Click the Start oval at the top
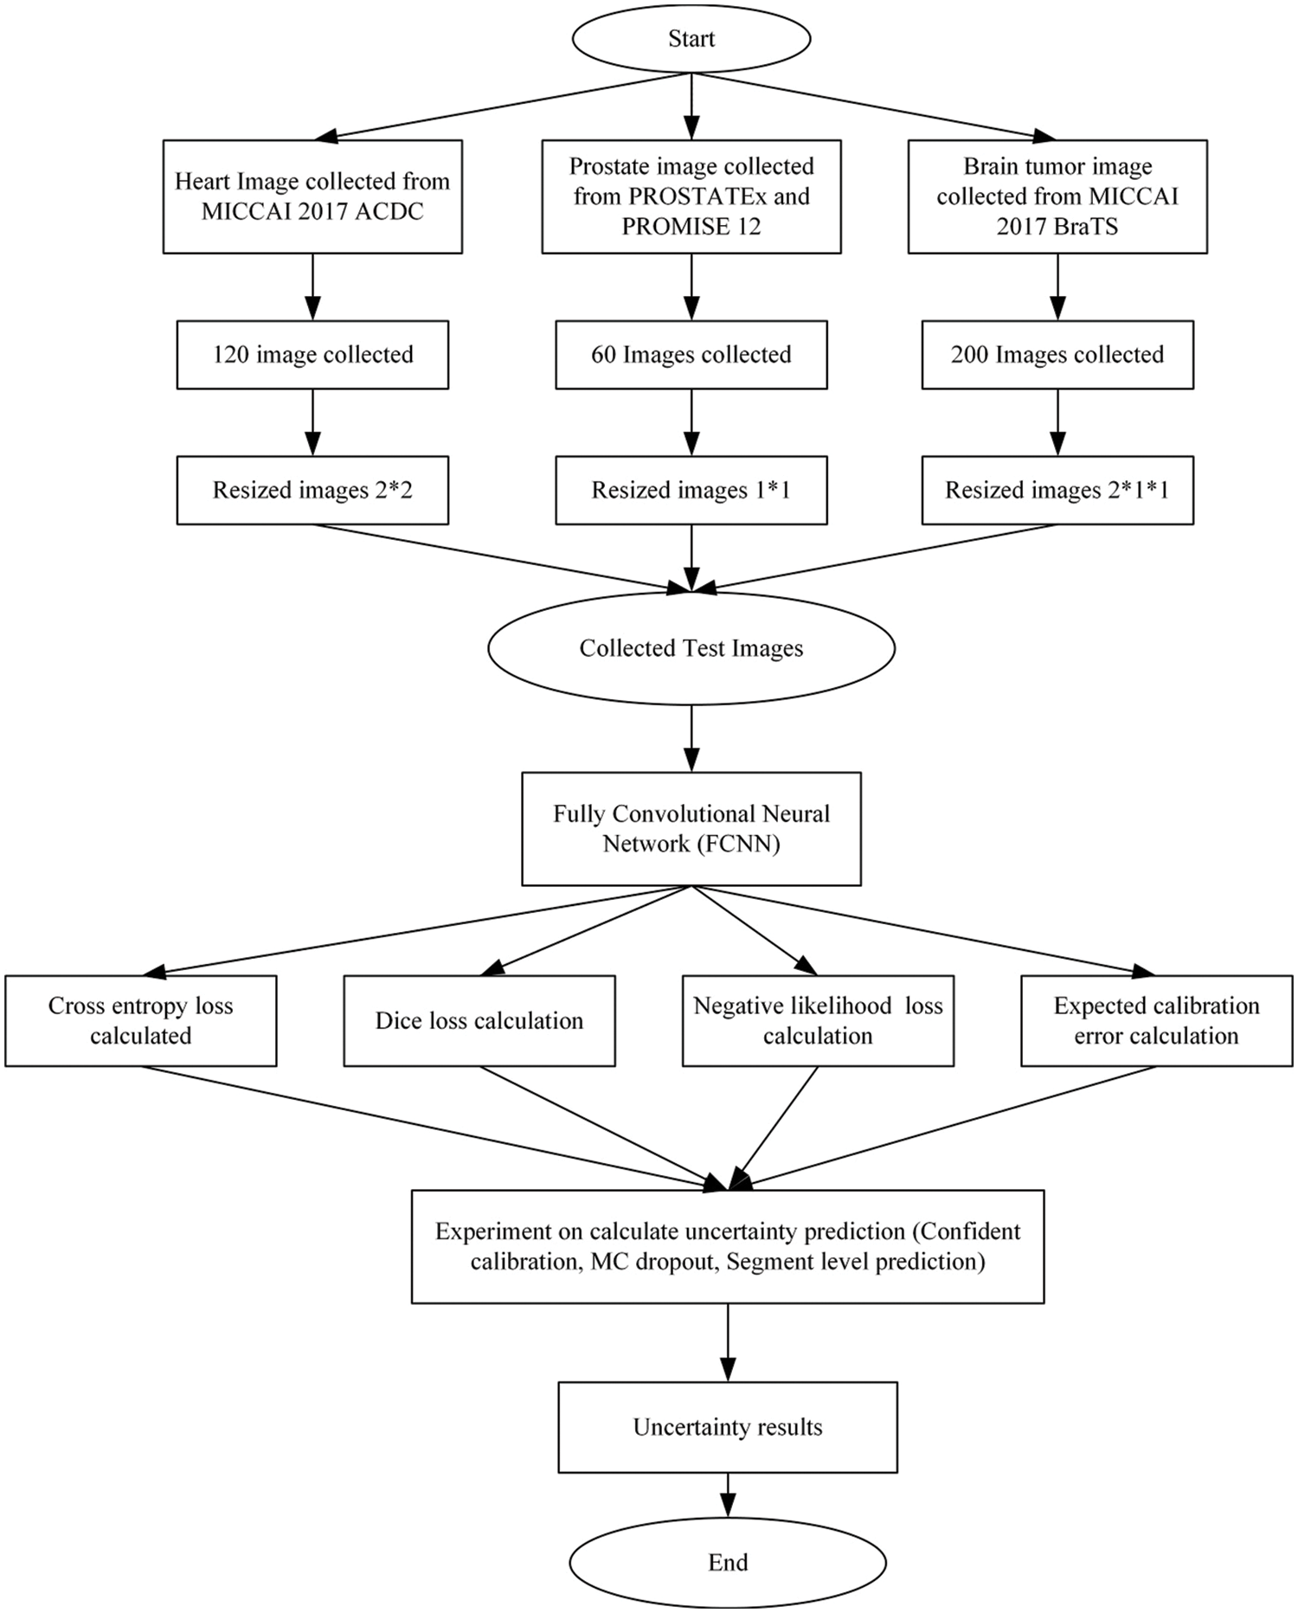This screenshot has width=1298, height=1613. coord(691,39)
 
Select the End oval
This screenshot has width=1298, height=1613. coord(727,1562)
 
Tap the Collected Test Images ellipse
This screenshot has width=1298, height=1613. coord(691,648)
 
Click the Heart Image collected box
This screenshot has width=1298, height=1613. coord(312,196)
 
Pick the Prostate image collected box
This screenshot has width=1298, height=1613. coord(691,196)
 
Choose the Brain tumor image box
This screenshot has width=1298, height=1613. coord(1057,196)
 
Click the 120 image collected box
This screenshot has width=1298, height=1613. coord(312,355)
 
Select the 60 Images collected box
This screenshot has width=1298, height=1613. coord(691,355)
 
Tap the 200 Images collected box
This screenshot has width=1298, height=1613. coord(1057,355)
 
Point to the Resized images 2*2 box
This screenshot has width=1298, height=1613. coord(312,490)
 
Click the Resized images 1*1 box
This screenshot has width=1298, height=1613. coord(691,490)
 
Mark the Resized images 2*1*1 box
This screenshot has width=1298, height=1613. coord(1057,490)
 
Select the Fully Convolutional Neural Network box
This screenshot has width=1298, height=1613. coord(691,828)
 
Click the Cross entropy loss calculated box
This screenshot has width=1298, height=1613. coord(140,1020)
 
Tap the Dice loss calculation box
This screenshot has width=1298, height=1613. coord(479,1020)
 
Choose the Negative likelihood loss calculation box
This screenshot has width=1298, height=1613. coord(818,1020)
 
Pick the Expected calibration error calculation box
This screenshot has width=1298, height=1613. coord(1156,1020)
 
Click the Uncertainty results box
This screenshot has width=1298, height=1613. coord(727,1427)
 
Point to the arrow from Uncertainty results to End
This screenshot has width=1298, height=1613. coord(728,1494)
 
